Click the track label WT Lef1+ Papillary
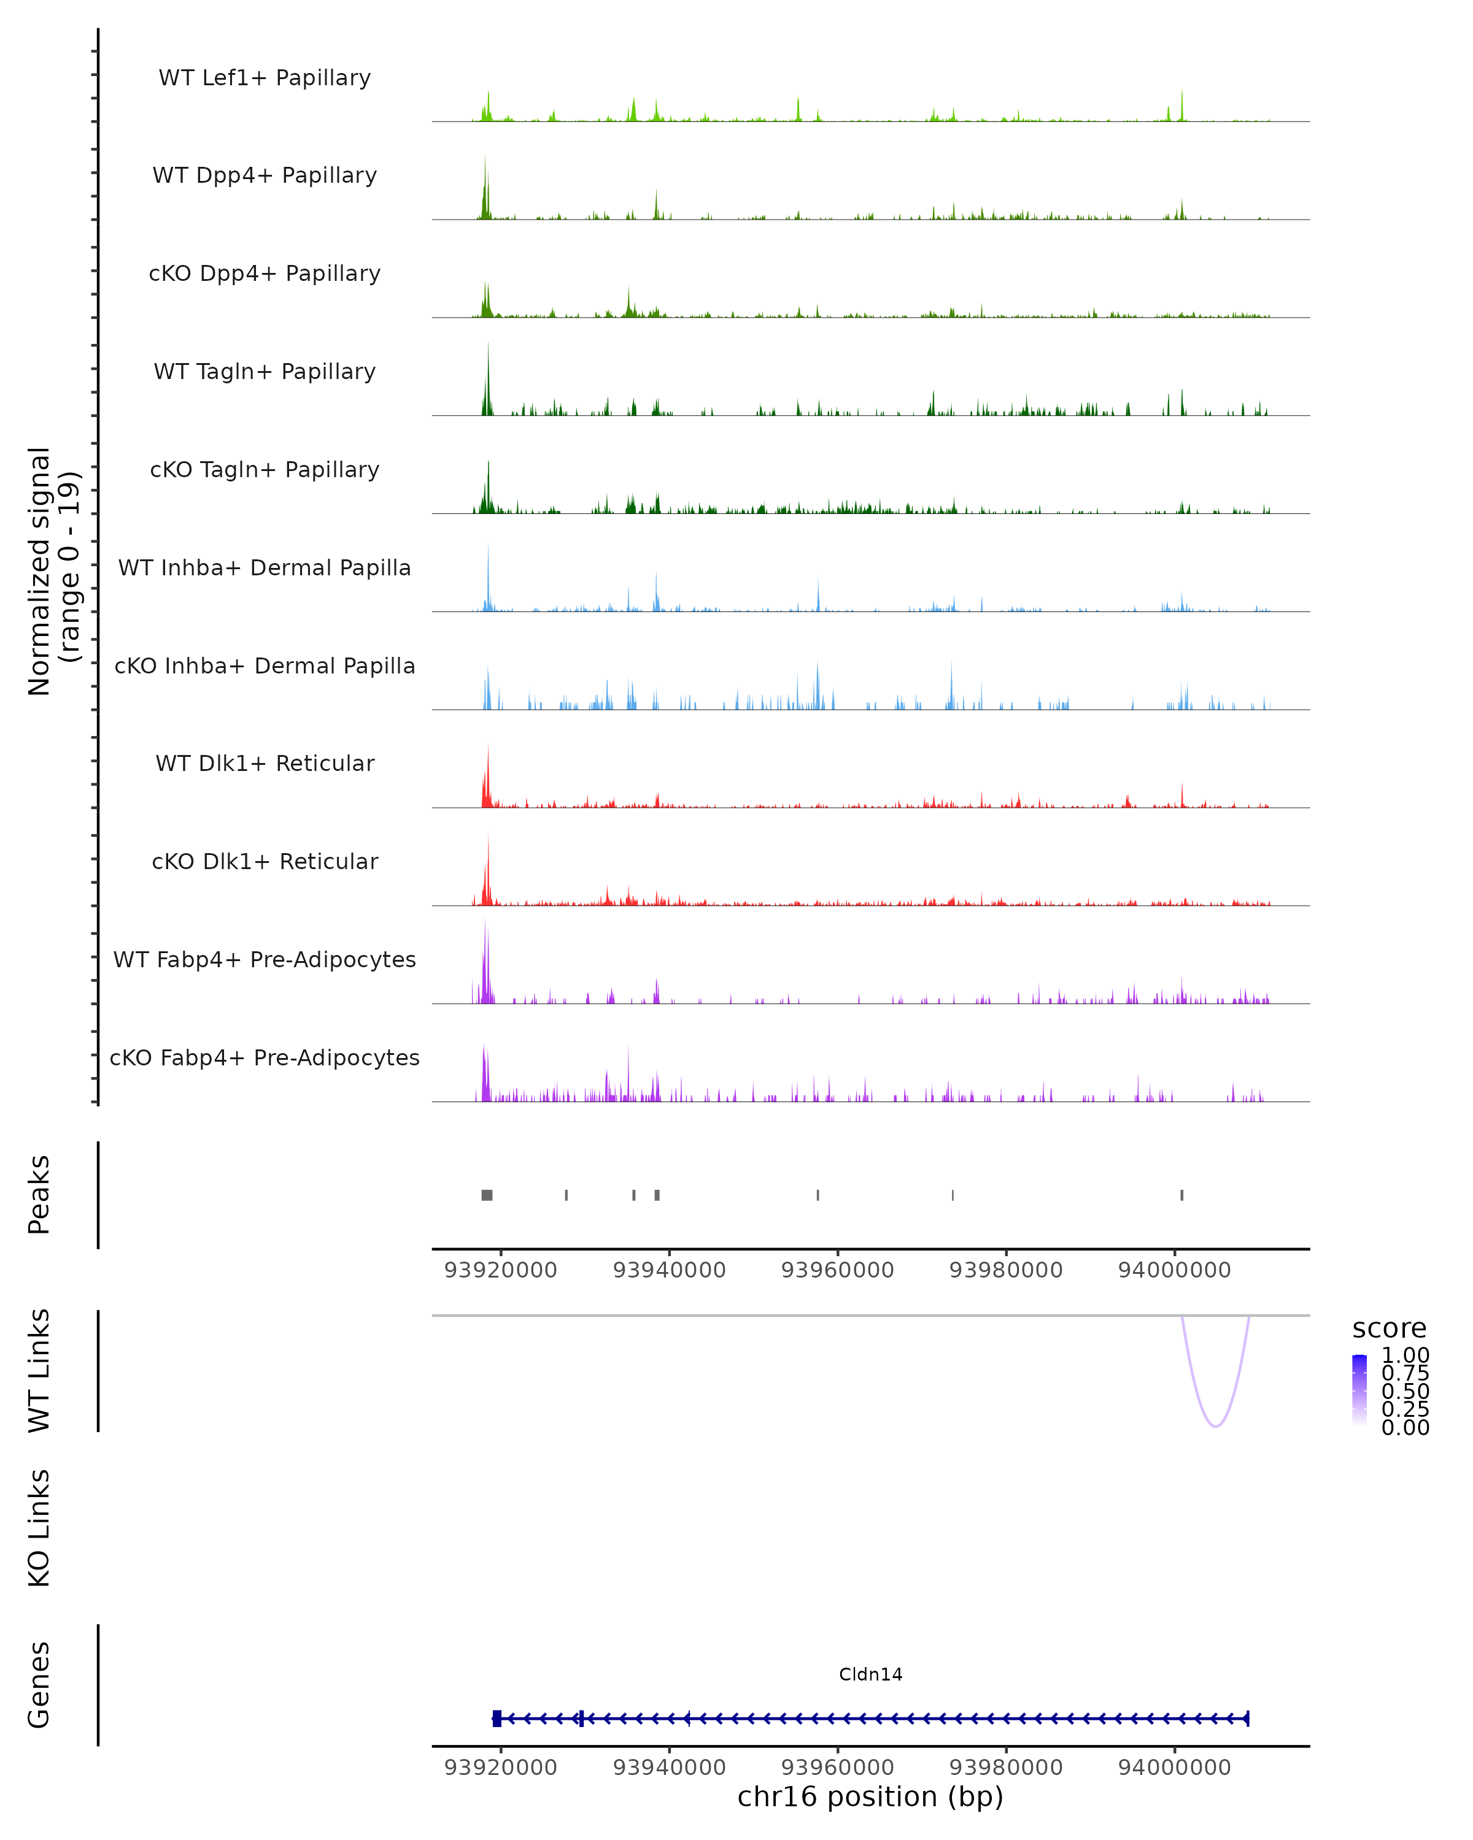(265, 78)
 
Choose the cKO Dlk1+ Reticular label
(265, 861)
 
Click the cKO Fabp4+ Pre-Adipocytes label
(265, 1057)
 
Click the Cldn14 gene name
(870, 1674)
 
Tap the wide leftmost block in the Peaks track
(487, 1195)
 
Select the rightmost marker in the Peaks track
(1182, 1195)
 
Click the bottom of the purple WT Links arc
(1215, 1425)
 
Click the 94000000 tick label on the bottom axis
(1174, 1768)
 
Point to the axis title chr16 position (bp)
(870, 1797)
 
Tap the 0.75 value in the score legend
(1405, 1373)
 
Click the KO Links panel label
(39, 1528)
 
